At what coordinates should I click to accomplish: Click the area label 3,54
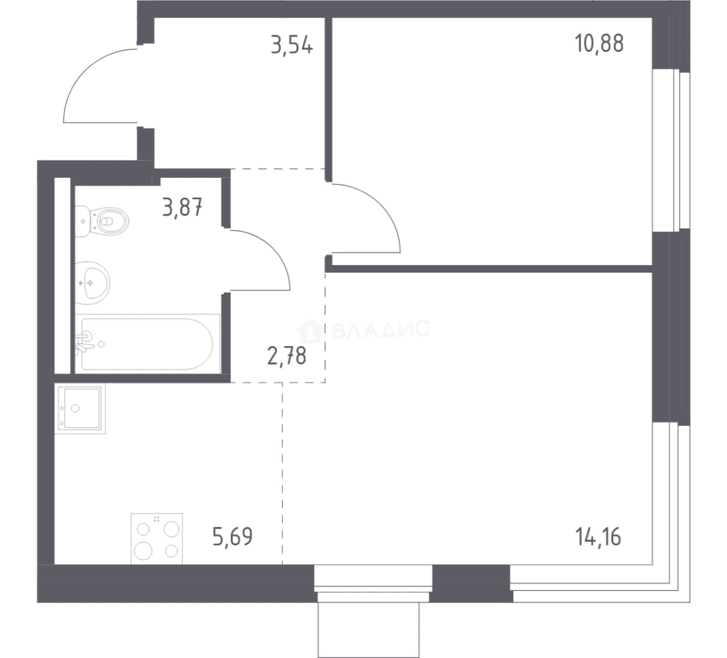pyautogui.click(x=292, y=45)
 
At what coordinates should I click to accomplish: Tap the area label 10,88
pyautogui.click(x=599, y=44)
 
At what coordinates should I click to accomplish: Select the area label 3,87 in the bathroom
pyautogui.click(x=182, y=207)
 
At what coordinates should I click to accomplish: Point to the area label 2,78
pyautogui.click(x=287, y=356)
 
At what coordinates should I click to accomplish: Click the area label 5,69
pyautogui.click(x=233, y=537)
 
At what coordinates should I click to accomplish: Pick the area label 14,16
pyautogui.click(x=598, y=537)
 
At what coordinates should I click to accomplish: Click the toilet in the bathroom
pyautogui.click(x=102, y=221)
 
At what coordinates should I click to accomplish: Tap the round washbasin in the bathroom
pyautogui.click(x=93, y=283)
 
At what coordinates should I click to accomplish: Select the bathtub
pyautogui.click(x=147, y=344)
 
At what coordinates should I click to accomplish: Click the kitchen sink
pyautogui.click(x=80, y=408)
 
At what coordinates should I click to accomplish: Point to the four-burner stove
pyautogui.click(x=156, y=539)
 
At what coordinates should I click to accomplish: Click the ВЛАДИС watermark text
pyautogui.click(x=381, y=330)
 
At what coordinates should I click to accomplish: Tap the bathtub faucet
pyautogui.click(x=85, y=342)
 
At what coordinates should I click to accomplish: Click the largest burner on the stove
pyautogui.click(x=143, y=551)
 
